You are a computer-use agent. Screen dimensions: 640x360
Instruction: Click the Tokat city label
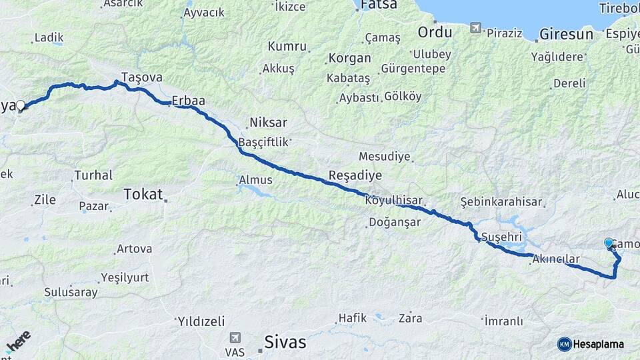pos(143,194)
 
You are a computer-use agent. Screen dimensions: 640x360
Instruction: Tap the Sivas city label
pos(285,343)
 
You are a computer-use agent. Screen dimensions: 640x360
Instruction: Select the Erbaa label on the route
pos(188,101)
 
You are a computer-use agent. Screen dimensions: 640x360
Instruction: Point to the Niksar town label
pos(267,123)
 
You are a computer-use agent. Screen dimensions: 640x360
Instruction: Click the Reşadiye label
pos(355,175)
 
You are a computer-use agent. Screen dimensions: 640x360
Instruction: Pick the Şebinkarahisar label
pos(501,202)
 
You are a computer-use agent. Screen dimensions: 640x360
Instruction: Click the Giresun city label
pos(566,33)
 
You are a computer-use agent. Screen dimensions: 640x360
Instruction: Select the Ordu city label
pos(435,31)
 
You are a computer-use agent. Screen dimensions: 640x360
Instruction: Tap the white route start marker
pos(21,105)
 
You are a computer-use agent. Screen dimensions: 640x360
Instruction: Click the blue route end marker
pos(609,243)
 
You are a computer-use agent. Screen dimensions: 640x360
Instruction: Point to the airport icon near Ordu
pos(475,28)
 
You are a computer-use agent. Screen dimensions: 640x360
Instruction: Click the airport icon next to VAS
pos(235,338)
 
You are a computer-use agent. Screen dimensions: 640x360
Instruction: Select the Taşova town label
pos(142,77)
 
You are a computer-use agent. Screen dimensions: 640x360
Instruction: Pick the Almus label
pos(255,180)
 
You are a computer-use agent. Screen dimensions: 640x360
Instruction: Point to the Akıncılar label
pos(556,259)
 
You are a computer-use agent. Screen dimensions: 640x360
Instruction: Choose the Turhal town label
pos(93,175)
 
